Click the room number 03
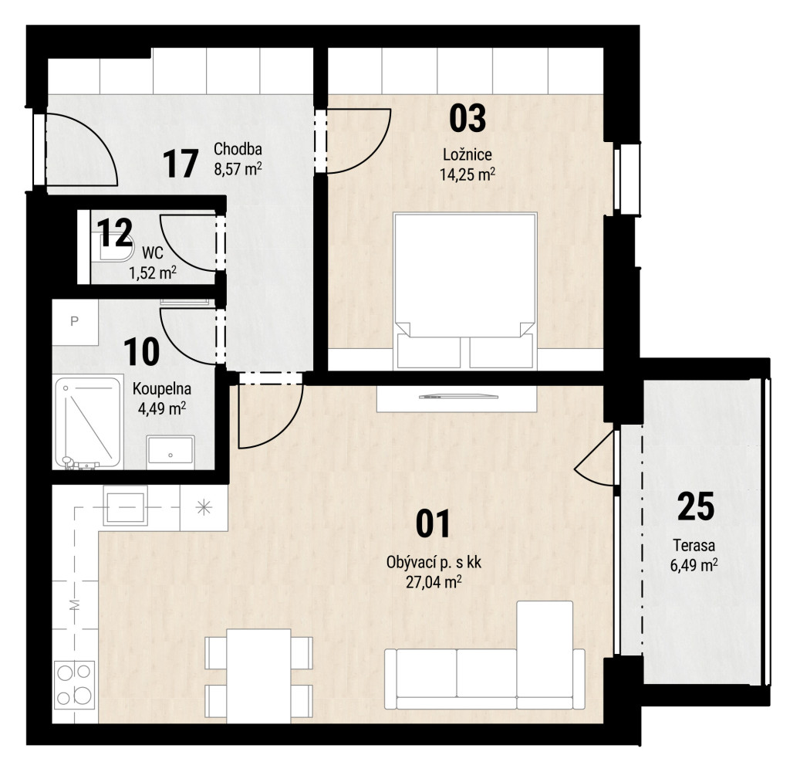(468, 117)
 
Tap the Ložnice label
(468, 154)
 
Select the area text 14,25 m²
(468, 174)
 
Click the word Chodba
(238, 149)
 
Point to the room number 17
(181, 164)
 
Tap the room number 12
(115, 232)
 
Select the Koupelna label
(162, 388)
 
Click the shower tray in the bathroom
(88, 422)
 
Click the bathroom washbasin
(170, 452)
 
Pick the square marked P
(75, 322)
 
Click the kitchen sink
(126, 506)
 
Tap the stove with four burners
(75, 684)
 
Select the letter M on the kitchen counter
(75, 605)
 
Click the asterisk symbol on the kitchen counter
(204, 507)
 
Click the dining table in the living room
(258, 676)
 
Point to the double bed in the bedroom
(464, 290)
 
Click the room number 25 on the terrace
(696, 506)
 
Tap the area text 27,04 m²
(434, 582)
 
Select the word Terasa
(694, 545)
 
